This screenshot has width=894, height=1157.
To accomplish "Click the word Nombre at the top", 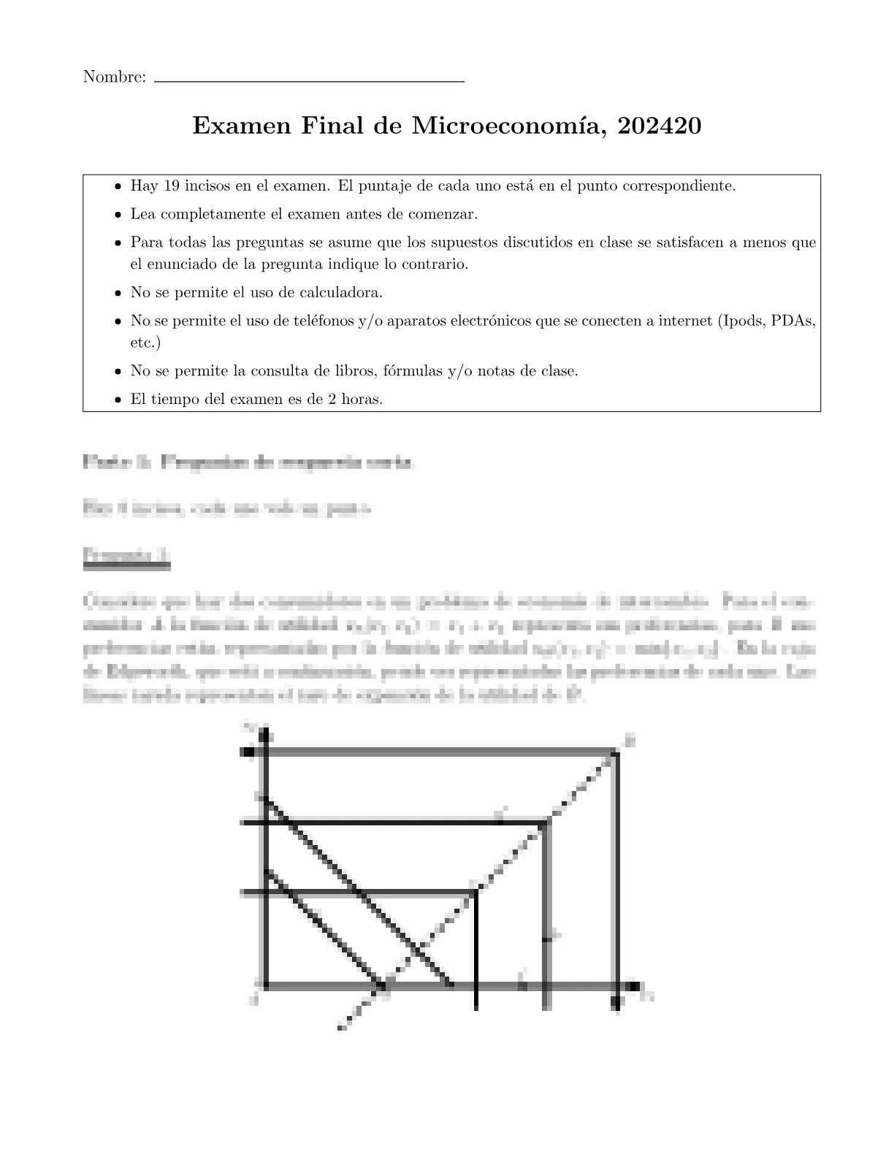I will tap(115, 77).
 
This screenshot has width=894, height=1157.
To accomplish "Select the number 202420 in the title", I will tap(659, 126).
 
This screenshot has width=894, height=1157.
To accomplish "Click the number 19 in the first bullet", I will tap(172, 186).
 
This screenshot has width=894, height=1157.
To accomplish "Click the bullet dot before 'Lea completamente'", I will tap(118, 215).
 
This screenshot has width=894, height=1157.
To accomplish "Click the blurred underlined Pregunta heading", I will tap(127, 556).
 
